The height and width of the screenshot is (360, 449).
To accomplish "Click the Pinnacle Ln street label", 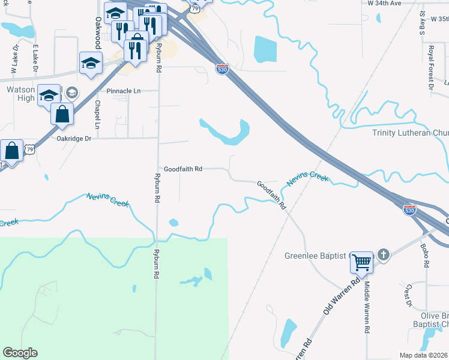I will point(123,91).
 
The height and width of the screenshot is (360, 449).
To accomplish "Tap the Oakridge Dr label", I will point(73,138).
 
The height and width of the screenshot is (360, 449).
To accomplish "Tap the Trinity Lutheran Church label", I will point(410,133).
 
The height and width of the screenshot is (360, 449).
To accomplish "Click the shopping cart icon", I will point(362,262).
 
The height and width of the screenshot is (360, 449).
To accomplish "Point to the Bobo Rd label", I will point(426,255).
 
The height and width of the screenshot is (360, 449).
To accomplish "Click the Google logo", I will point(20,353).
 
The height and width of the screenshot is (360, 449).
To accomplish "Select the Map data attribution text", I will point(424,355).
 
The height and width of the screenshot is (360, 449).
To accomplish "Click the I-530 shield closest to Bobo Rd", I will point(409,210).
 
